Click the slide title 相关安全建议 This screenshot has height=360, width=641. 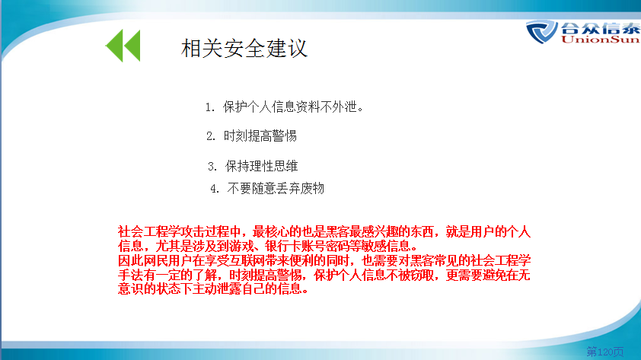pyautogui.click(x=244, y=48)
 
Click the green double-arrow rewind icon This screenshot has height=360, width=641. pyautogui.click(x=123, y=46)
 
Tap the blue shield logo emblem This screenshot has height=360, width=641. pyautogui.click(x=542, y=31)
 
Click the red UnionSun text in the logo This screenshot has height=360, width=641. pyautogui.click(x=601, y=40)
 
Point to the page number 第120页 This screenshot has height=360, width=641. pyautogui.click(x=605, y=351)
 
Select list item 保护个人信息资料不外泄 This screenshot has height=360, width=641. pyautogui.click(x=292, y=107)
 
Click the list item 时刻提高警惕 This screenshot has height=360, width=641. pyautogui.click(x=260, y=135)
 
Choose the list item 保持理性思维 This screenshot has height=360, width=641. pyautogui.click(x=261, y=166)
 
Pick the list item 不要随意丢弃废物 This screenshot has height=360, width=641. pyautogui.click(x=276, y=189)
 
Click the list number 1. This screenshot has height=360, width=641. pyautogui.click(x=209, y=107)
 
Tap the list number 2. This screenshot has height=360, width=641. pyautogui.click(x=211, y=136)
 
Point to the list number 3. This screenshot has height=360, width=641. pyautogui.click(x=212, y=167)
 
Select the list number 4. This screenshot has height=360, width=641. pyautogui.click(x=215, y=189)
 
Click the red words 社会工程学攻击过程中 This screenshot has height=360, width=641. pyautogui.click(x=179, y=231)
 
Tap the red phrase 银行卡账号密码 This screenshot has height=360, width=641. pyautogui.click(x=307, y=246)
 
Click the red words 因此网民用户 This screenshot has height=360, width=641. pyautogui.click(x=155, y=260)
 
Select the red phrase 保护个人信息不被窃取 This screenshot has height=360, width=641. pyautogui.click(x=374, y=275)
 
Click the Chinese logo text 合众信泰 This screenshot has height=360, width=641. pyautogui.click(x=601, y=28)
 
